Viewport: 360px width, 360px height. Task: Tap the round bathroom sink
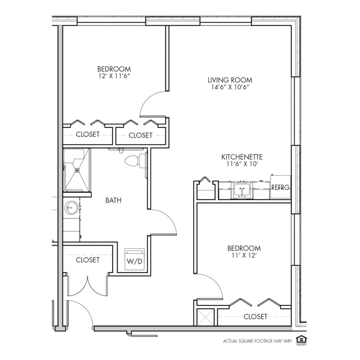click(x=71, y=208)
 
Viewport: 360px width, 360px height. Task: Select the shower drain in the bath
click(x=77, y=170)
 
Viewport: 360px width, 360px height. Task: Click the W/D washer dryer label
click(x=134, y=262)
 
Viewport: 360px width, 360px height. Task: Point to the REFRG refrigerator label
click(x=280, y=187)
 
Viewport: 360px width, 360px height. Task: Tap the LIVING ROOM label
click(x=230, y=80)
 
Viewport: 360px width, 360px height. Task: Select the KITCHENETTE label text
click(x=242, y=157)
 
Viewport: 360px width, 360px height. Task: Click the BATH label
click(x=113, y=200)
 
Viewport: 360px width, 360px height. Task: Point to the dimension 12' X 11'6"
click(x=114, y=76)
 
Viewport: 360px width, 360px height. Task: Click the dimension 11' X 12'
click(x=244, y=255)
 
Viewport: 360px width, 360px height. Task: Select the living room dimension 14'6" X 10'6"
click(x=230, y=87)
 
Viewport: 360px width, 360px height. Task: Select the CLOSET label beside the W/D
click(x=88, y=260)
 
